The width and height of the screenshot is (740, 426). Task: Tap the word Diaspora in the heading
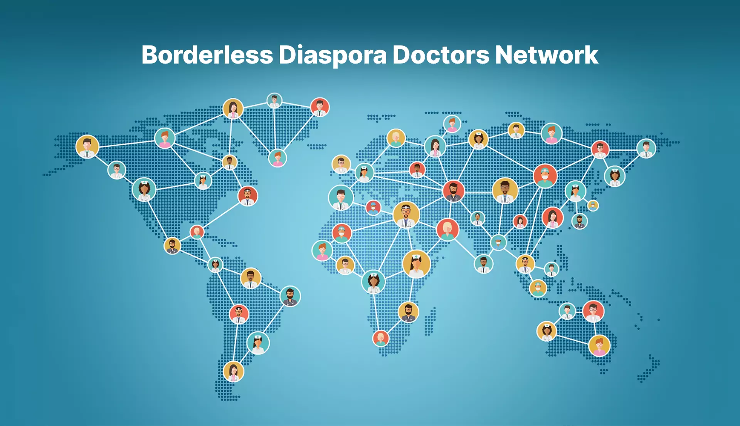point(332,55)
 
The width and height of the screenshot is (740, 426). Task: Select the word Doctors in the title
point(441,55)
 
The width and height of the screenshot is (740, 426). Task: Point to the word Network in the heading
point(547,55)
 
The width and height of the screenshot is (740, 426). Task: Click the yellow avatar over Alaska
point(87,147)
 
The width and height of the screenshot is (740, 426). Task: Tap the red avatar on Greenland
point(320,107)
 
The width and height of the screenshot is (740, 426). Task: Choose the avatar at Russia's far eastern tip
point(646,149)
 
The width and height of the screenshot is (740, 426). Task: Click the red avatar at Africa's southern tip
point(381,338)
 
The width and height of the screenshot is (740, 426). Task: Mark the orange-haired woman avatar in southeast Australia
point(599,345)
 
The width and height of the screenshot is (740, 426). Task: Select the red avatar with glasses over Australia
point(593,311)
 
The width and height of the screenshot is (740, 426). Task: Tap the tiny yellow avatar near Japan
point(593,205)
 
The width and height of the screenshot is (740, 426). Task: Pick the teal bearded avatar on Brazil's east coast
point(290,296)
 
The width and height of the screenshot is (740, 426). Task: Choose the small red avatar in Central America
point(197,232)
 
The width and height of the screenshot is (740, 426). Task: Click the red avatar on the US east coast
point(247,196)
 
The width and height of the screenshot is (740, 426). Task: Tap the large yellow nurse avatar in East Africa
point(416,264)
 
